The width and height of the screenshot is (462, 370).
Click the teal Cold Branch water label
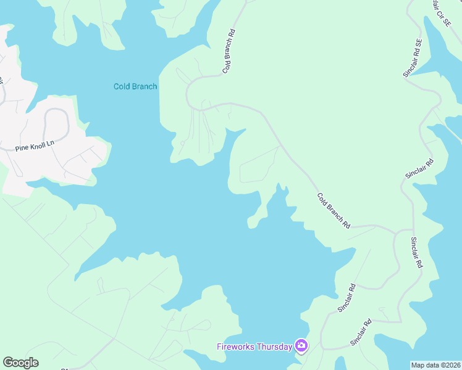pyautogui.click(x=135, y=86)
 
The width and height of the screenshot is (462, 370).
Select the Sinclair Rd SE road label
pyautogui.click(x=413, y=59)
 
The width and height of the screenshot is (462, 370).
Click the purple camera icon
pyautogui.click(x=301, y=346)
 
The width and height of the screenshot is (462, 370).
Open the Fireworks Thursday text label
pyautogui.click(x=254, y=347)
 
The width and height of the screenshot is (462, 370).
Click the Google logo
pyautogui.click(x=20, y=363)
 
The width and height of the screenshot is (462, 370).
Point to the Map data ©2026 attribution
pyautogui.click(x=435, y=365)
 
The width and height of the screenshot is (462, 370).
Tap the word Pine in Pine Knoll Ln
pyautogui.click(x=22, y=149)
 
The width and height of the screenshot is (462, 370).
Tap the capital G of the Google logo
pyautogui.click(x=8, y=363)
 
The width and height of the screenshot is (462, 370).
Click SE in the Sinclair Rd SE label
pyautogui.click(x=419, y=44)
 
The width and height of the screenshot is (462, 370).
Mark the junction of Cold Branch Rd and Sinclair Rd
pyautogui.click(x=395, y=231)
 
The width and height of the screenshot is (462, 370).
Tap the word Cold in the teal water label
pyautogui.click(x=121, y=86)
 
